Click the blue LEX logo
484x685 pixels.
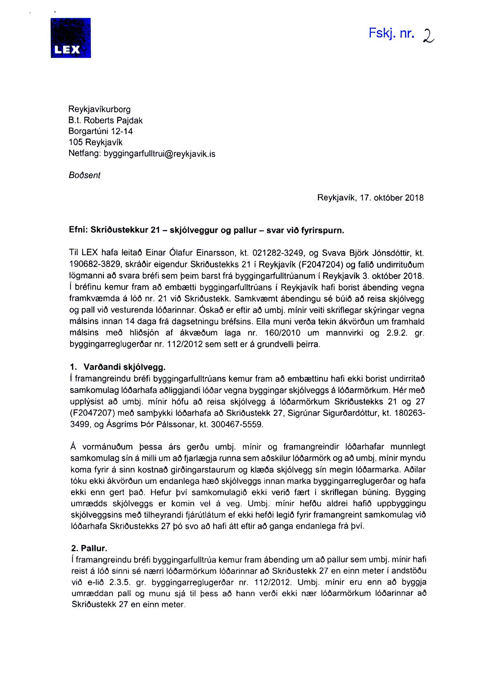pos(71,38)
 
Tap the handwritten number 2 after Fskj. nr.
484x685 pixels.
pos(428,35)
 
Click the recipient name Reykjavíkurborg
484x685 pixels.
pos(99,109)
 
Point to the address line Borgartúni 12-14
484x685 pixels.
pos(100,131)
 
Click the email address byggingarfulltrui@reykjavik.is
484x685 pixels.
pos(159,154)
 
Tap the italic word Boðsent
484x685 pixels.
pos(85,175)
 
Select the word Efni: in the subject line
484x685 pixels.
pos(78,230)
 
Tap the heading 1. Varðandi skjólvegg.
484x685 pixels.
pos(118,367)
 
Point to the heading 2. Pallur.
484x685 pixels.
pos(89,548)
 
